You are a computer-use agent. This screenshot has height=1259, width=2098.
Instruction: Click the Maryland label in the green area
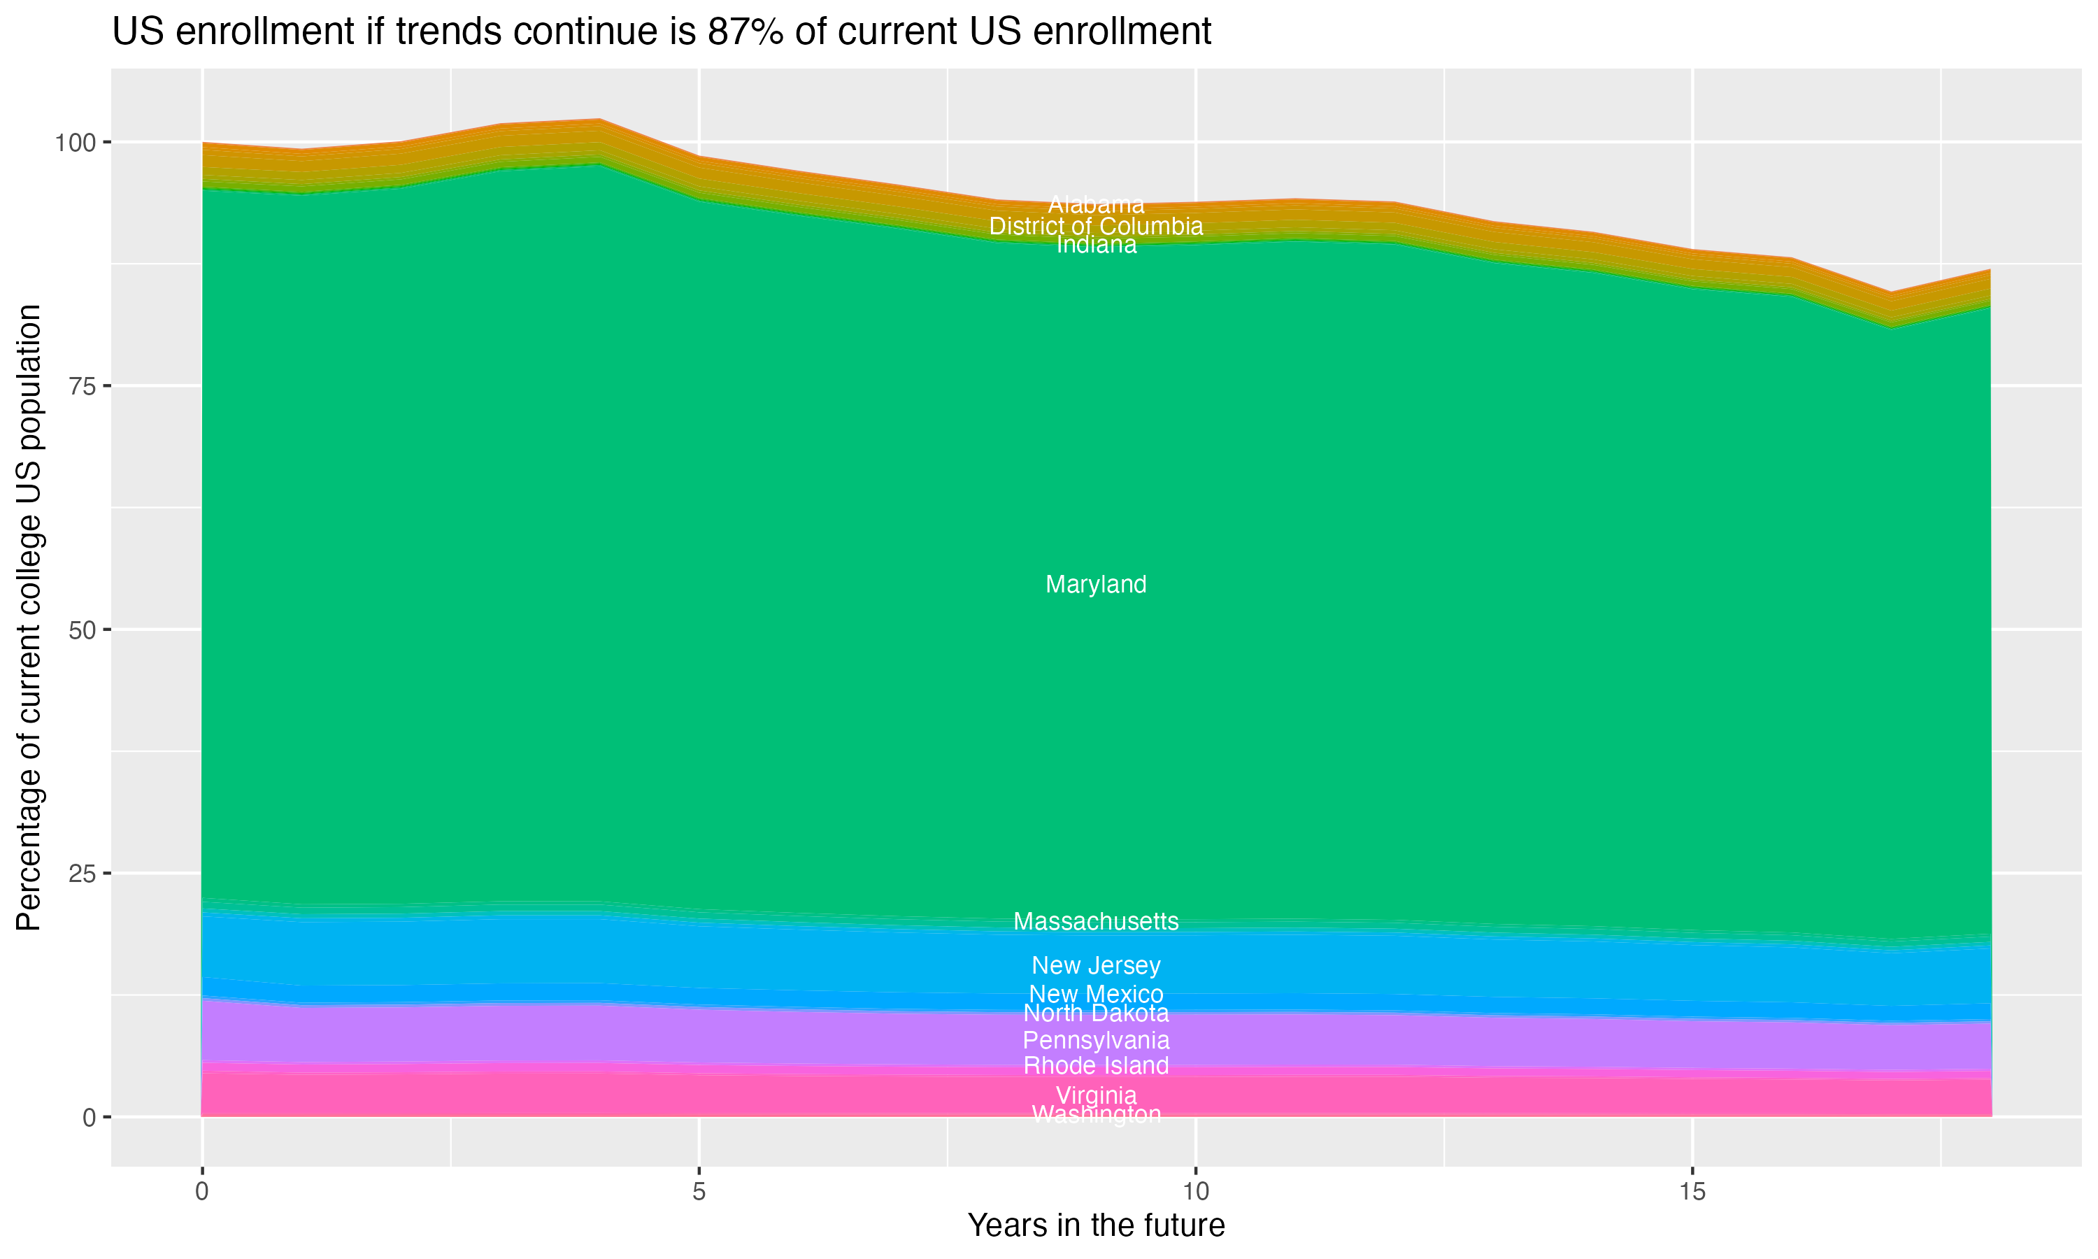coord(1096,585)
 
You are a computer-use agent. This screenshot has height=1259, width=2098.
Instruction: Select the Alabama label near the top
coord(1096,204)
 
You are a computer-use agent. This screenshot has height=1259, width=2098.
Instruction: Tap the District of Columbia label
coord(1096,227)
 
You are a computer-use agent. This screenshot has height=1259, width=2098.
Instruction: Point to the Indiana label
coord(1096,246)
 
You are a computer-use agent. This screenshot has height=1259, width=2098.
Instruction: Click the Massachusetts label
coord(1096,921)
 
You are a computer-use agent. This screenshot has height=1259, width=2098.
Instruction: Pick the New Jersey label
coord(1096,965)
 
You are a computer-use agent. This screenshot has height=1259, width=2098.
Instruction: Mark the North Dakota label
coord(1096,1013)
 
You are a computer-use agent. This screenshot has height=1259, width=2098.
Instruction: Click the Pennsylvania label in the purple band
coord(1096,1040)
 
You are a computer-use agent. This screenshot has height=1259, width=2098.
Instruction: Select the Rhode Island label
coord(1096,1065)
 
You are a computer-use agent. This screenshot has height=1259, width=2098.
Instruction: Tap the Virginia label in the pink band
coord(1096,1095)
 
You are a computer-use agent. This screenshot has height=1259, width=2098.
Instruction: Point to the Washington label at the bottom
coord(1096,1114)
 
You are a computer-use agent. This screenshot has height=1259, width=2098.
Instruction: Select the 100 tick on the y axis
coord(76,143)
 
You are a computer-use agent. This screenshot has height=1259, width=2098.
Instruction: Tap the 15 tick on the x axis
coord(1692,1192)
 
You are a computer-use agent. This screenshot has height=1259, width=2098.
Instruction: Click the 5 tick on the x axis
coord(699,1192)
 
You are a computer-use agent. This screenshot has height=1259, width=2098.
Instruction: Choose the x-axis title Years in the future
coord(1096,1226)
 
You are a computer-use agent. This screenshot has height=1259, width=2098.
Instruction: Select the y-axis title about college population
coord(29,617)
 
